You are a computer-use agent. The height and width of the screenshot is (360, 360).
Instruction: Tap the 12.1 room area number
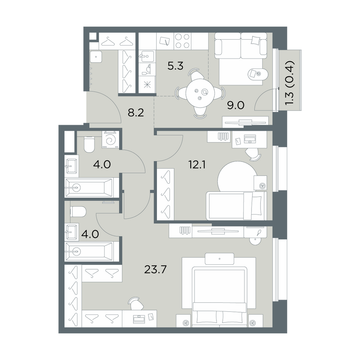coord(197,165)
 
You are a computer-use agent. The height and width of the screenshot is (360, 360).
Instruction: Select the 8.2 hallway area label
coord(136,113)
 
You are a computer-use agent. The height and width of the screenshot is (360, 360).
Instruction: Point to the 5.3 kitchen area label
coord(175,66)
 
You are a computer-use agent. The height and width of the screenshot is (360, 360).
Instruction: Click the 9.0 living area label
coord(235,105)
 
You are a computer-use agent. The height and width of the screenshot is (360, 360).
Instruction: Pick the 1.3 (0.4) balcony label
coord(289,83)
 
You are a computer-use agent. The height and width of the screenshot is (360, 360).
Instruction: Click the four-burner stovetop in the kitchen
coord(183,41)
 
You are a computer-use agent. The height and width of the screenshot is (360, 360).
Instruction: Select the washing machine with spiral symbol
coord(111,140)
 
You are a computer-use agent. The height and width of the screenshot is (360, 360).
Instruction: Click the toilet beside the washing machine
coord(89,144)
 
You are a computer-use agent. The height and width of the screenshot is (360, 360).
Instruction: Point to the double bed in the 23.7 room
coord(220,296)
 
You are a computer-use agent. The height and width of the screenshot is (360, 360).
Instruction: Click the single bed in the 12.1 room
coord(237,206)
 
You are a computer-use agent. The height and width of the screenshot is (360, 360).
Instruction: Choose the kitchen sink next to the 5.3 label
coord(147,56)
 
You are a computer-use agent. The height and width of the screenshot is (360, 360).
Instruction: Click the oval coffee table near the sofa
coord(257,74)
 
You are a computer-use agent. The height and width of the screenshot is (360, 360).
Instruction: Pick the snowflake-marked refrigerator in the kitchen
coord(147,85)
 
